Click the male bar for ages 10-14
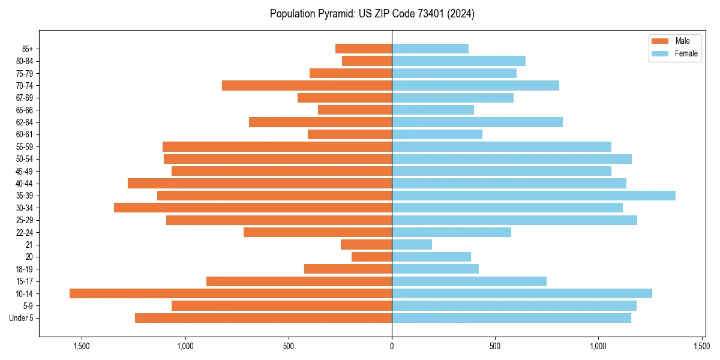click(x=230, y=293)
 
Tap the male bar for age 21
click(x=366, y=245)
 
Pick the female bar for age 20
click(x=431, y=257)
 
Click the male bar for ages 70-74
click(x=307, y=86)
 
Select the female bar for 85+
click(x=430, y=49)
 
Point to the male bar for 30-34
click(x=253, y=208)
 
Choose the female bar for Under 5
click(x=511, y=318)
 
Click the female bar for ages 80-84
click(x=458, y=61)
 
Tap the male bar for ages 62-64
click(x=320, y=122)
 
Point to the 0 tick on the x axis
click(x=392, y=346)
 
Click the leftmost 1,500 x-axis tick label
click(x=81, y=346)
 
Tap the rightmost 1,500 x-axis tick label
click(x=702, y=346)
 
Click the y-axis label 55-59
click(x=25, y=147)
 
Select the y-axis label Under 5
click(x=22, y=318)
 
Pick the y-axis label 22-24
click(x=25, y=232)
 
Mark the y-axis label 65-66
click(x=25, y=110)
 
